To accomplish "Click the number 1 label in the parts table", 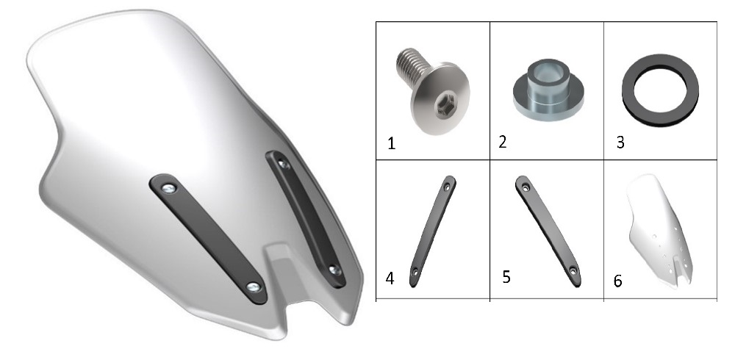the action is point(392,143).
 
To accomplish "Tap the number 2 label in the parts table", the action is point(503,142).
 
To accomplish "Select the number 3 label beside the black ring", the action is point(620,143).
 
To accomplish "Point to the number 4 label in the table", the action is point(390,278).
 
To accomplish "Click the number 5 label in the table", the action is point(506,277).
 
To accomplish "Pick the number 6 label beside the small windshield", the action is point(618,281).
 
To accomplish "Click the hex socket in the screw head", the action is point(443,106).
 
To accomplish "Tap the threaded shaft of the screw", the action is point(412,66).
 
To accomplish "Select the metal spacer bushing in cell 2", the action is point(548,89).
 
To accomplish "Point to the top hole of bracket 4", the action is point(447,187).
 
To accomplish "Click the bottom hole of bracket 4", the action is point(415,271).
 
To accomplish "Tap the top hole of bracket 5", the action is point(526,187).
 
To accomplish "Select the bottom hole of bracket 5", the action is point(573,271).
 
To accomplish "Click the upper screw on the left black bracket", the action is point(169,188).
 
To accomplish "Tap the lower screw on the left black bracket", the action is point(254,287).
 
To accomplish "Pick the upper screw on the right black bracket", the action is point(284,164).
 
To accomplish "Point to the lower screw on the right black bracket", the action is point(334,270).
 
